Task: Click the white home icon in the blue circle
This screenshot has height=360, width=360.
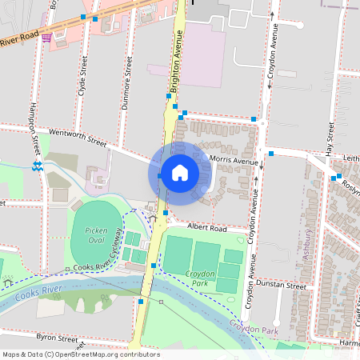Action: (180, 173)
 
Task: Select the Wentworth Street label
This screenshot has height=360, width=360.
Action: (78, 137)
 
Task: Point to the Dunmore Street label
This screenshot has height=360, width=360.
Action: (128, 76)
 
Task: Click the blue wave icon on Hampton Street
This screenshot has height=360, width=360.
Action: (38, 166)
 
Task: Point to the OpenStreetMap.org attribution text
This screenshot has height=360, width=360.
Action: (104, 354)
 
